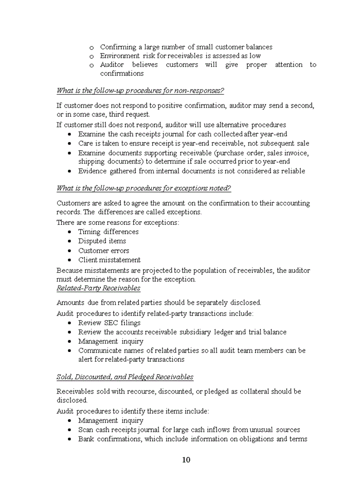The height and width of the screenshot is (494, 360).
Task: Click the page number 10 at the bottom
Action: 186,460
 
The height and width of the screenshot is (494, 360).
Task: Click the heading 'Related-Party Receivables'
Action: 98,288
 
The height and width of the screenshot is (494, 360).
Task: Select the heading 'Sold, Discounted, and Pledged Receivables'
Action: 125,377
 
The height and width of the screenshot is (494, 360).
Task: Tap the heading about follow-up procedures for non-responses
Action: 140,91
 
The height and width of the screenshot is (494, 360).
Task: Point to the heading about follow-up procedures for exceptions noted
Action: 143,188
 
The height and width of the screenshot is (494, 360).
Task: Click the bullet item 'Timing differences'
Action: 108,232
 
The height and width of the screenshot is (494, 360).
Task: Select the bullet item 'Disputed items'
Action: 102,241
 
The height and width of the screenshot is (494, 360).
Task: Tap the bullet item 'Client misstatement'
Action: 109,260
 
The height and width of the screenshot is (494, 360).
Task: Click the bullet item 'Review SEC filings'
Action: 109,323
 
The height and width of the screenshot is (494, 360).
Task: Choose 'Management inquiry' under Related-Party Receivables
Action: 111,341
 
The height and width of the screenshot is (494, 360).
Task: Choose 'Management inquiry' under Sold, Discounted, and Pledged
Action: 111,420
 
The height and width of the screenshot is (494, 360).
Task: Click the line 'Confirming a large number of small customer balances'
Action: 186,47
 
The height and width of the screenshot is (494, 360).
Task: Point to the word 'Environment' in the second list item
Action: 119,56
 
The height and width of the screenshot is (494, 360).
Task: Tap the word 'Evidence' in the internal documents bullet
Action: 93,171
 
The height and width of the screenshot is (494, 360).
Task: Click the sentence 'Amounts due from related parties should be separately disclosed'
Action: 158,303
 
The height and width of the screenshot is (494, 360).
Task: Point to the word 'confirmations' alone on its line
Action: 121,74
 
